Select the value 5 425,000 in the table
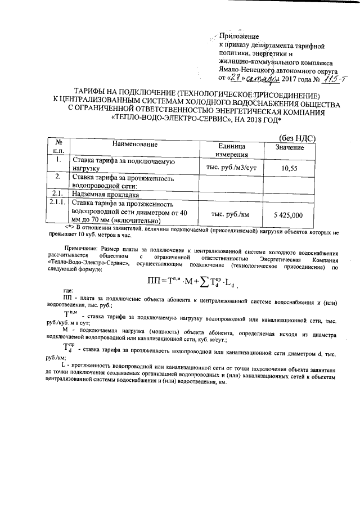[x=288, y=215]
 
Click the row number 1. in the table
[x=57, y=160]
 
